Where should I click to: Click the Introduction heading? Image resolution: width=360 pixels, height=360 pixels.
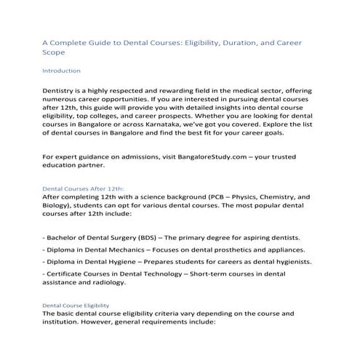coord(61,71)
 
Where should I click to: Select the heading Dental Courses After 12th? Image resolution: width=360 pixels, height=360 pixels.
coord(83,188)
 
